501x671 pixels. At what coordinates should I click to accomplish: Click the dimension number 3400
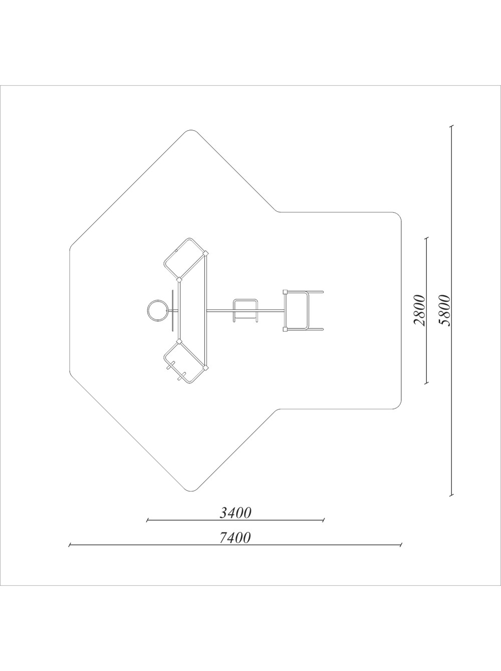point(235,513)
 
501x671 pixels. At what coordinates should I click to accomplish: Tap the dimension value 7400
point(235,538)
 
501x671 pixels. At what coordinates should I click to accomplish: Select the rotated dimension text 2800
point(419,310)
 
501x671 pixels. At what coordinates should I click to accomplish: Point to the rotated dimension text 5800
point(444,310)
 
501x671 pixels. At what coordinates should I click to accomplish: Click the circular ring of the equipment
point(157,310)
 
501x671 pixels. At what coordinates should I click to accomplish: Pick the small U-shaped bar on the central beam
point(245,310)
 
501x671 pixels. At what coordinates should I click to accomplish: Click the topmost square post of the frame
point(206,253)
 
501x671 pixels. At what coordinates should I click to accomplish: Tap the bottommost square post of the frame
point(206,367)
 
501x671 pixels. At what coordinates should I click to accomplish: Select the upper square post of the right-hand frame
point(285,291)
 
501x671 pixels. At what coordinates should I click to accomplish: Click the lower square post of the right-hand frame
point(285,329)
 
